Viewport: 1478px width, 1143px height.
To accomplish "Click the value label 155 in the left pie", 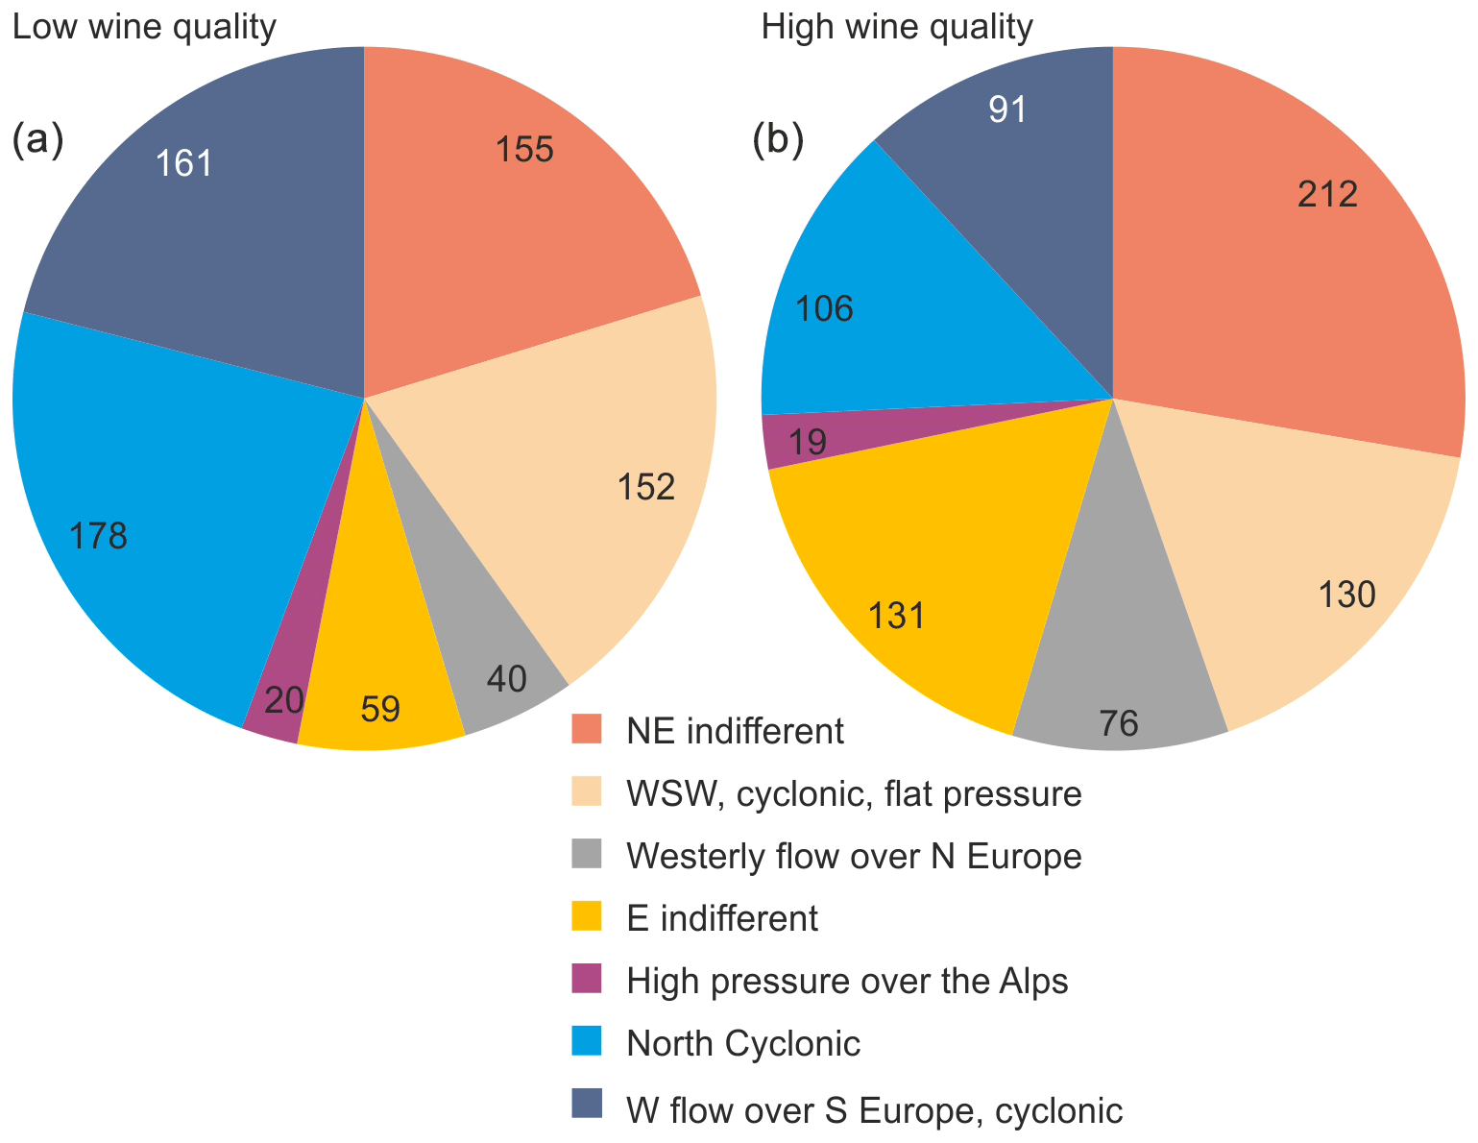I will click(x=524, y=150).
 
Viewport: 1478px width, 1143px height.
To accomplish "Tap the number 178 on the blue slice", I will click(x=99, y=536).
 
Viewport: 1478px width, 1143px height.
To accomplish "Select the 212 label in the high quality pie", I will click(x=1327, y=195).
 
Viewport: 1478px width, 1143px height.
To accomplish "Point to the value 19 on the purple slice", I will click(x=808, y=443).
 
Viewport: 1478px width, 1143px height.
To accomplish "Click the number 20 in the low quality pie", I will click(x=283, y=700).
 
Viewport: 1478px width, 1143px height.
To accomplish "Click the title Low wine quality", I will click(x=144, y=27).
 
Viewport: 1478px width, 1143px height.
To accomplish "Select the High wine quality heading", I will click(x=897, y=27).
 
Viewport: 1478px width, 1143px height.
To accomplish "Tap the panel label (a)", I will click(x=36, y=140).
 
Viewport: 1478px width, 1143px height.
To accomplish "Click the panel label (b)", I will click(x=777, y=140).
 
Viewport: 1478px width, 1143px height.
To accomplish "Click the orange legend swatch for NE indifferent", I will click(x=586, y=729).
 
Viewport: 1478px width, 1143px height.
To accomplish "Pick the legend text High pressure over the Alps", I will click(x=847, y=982).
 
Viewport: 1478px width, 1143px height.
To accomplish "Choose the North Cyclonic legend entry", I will click(x=743, y=1044).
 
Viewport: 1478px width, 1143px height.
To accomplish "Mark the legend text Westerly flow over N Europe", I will click(x=854, y=856).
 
